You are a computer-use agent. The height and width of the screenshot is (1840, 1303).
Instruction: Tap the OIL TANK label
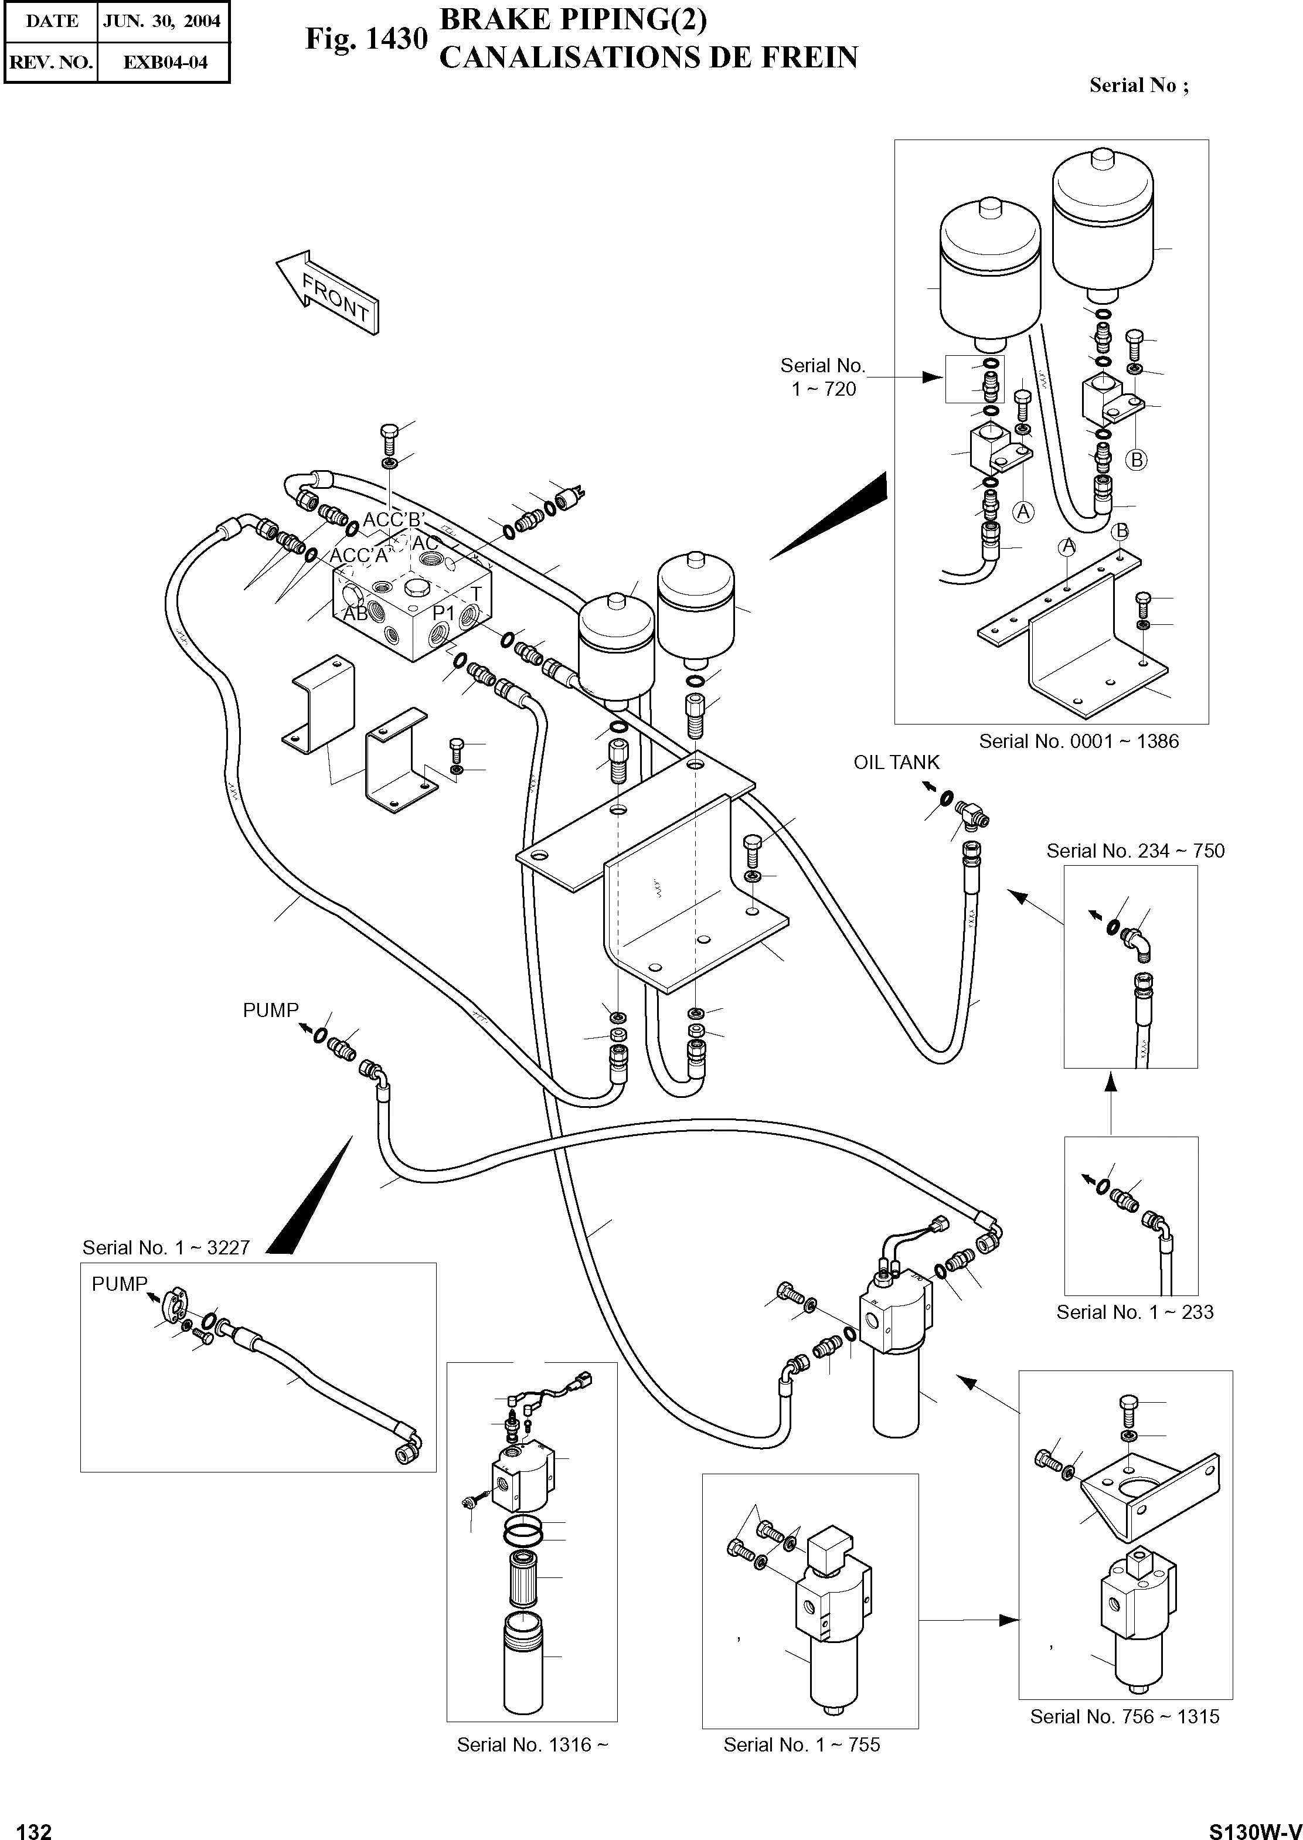coord(896,763)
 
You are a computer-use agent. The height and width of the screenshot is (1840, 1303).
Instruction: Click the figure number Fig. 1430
coord(366,39)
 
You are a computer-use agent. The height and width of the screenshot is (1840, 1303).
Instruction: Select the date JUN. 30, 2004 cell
coord(162,22)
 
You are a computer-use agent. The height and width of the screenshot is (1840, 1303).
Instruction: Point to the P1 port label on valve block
coord(443,613)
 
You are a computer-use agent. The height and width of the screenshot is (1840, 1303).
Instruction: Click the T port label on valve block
coord(476,594)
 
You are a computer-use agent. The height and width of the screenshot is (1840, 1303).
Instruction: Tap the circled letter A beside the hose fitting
coord(1023,512)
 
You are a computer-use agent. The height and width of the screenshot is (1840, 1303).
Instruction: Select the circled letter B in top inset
coord(1136,460)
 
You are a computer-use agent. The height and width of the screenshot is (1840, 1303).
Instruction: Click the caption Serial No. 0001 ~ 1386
coord(1079,742)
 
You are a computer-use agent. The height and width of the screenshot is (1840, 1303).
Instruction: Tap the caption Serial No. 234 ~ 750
coord(1135,851)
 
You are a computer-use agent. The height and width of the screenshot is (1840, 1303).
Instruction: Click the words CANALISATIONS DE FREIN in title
coord(648,58)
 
